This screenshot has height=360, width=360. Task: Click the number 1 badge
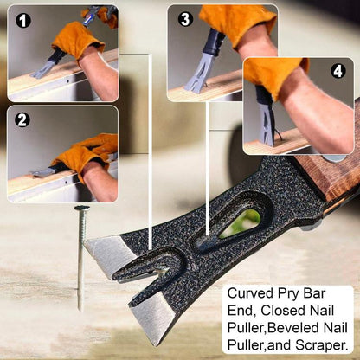[x=23, y=20]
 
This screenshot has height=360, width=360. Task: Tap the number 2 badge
[x=22, y=119]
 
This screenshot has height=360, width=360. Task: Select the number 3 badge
[x=185, y=19]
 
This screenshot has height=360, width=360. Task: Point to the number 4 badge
[x=338, y=70]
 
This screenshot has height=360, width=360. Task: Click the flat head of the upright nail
[x=82, y=208]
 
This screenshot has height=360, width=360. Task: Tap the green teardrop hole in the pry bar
[x=240, y=223]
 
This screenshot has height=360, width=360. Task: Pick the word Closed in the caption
[x=281, y=311]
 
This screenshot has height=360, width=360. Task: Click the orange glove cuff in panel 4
[x=274, y=75]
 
